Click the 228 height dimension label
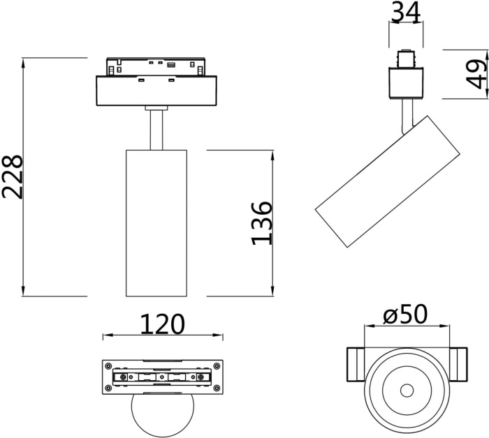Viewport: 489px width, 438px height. pyautogui.click(x=14, y=176)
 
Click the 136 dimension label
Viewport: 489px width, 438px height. pyautogui.click(x=261, y=222)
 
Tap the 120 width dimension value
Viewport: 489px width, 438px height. pyautogui.click(x=163, y=324)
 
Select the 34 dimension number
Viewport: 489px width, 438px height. pyautogui.click(x=406, y=12)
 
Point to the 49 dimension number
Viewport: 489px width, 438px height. pyautogui.click(x=476, y=74)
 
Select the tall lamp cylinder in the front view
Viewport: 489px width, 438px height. pyautogui.click(x=156, y=222)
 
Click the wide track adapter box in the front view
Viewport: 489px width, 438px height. pyautogui.click(x=156, y=90)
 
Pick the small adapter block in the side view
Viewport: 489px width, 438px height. pyautogui.click(x=405, y=82)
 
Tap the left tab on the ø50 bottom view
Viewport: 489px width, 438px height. pyautogui.click(x=355, y=363)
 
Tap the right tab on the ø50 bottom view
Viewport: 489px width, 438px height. pyautogui.click(x=459, y=363)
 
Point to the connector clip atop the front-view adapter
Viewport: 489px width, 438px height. pyautogui.click(x=156, y=66)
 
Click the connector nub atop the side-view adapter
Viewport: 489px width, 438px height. pyautogui.click(x=405, y=58)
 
